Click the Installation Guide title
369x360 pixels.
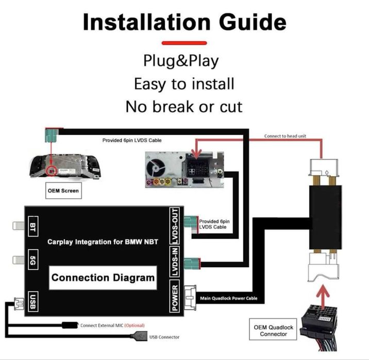click(x=184, y=22)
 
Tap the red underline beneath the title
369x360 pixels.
click(x=184, y=43)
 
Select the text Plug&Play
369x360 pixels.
click(x=181, y=61)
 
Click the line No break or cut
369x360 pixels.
click(x=184, y=107)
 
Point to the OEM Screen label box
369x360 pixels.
click(x=63, y=191)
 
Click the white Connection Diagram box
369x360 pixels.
click(x=103, y=278)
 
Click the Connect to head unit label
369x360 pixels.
click(x=285, y=136)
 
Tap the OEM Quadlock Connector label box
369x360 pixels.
click(x=273, y=331)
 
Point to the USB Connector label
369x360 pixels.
click(x=164, y=337)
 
